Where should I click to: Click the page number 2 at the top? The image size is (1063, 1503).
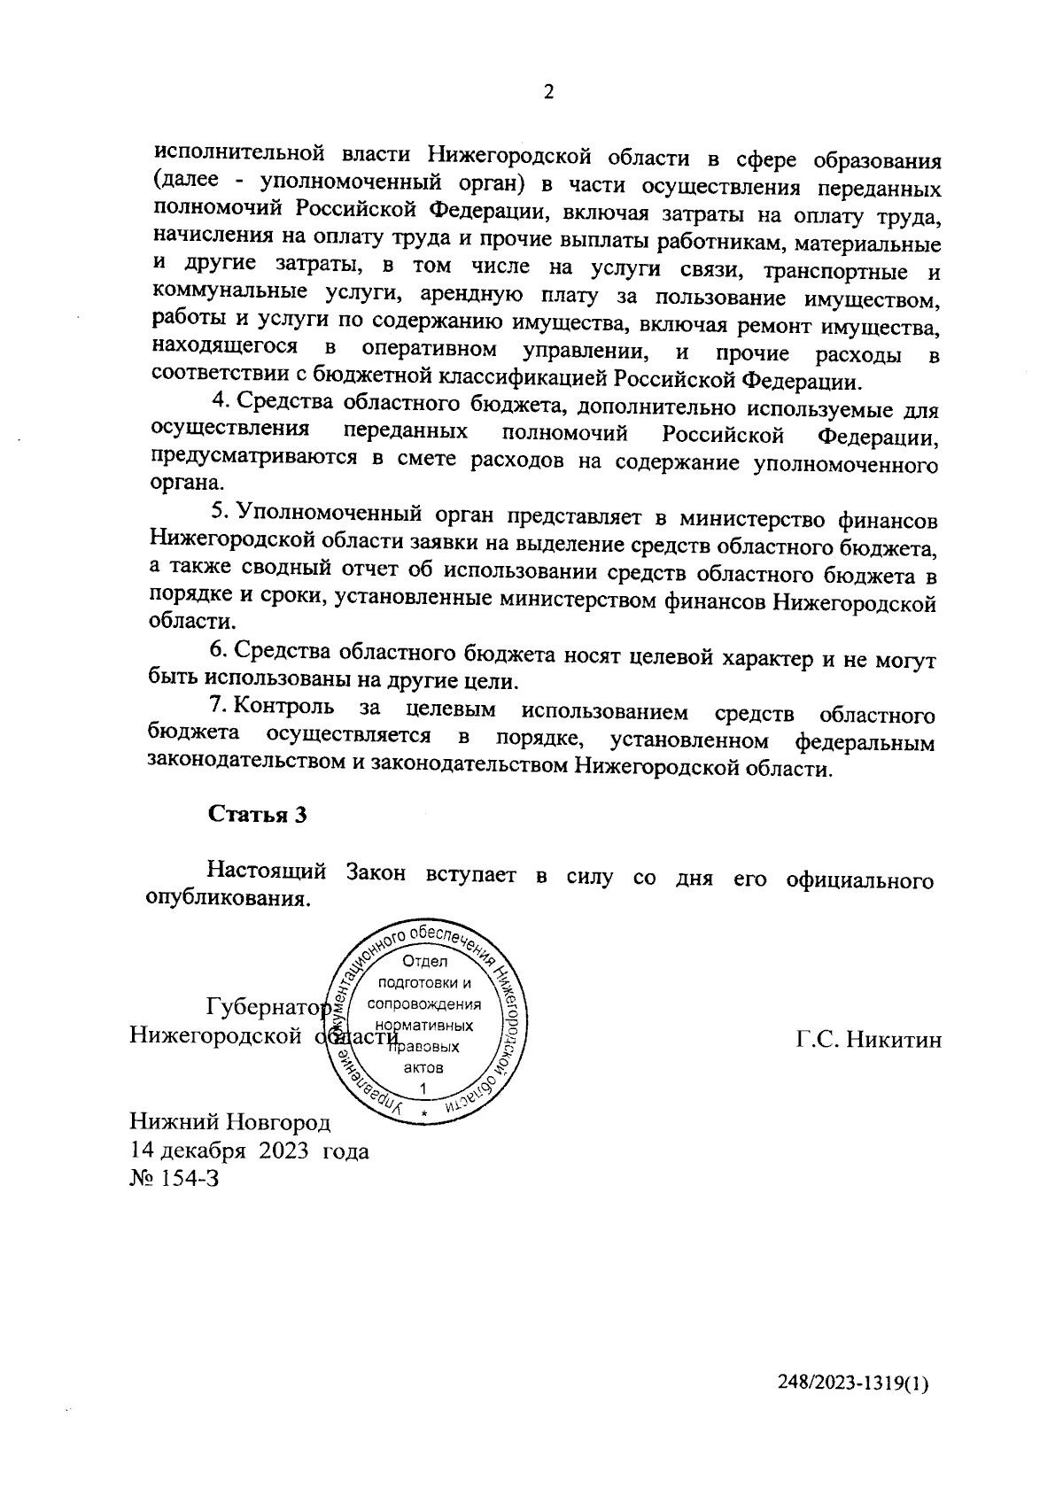(548, 92)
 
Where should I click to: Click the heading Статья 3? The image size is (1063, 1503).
(257, 816)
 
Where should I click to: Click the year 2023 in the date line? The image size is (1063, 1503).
(283, 1151)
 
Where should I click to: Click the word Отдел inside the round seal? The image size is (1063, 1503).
(425, 963)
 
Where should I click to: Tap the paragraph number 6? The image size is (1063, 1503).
(218, 651)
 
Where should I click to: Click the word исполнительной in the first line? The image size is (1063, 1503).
(237, 156)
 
